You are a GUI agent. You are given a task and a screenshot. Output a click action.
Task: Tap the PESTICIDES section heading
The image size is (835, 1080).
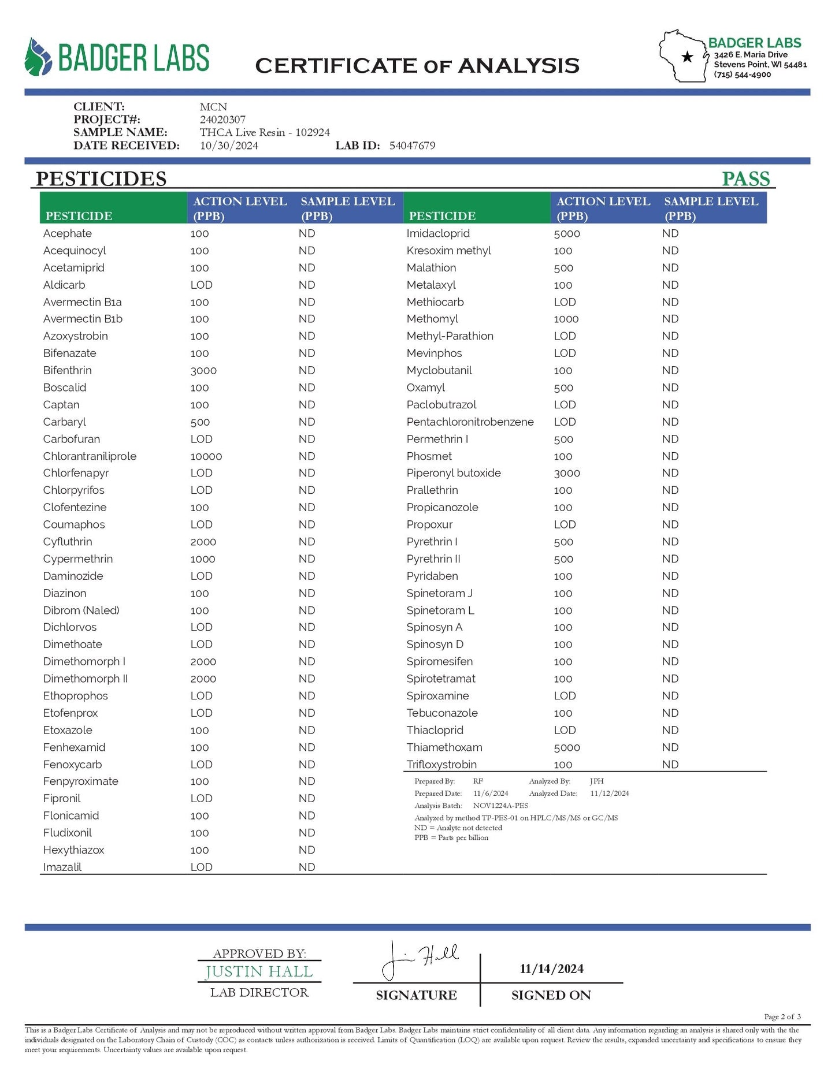tap(101, 178)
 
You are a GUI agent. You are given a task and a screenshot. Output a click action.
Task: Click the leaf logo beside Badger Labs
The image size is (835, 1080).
tap(39, 57)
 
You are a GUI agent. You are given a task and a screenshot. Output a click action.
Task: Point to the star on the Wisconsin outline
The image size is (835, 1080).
tap(687, 57)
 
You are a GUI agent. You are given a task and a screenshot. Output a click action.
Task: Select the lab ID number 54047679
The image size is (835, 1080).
tap(412, 146)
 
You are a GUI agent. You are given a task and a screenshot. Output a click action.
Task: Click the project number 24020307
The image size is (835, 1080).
tap(222, 120)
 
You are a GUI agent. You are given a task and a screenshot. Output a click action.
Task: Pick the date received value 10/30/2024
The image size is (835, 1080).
tap(229, 146)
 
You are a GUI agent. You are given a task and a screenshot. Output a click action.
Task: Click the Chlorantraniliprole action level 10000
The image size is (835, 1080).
tap(206, 456)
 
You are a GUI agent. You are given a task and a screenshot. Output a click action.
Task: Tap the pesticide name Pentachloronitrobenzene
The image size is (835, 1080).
tap(470, 422)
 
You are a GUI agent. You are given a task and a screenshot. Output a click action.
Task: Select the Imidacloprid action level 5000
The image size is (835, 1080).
tap(566, 233)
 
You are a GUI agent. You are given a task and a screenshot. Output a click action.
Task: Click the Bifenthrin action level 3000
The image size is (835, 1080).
tap(203, 370)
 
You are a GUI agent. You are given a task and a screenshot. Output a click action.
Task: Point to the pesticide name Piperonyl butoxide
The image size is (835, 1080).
tap(454, 473)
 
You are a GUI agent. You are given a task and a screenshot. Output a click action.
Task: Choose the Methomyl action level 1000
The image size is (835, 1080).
tap(566, 319)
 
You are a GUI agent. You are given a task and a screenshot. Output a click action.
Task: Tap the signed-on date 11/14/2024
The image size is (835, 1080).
tap(551, 969)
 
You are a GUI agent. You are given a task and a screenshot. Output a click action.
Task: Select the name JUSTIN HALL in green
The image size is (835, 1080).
tap(259, 972)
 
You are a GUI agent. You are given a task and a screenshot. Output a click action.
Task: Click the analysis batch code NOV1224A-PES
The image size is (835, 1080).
tap(500, 806)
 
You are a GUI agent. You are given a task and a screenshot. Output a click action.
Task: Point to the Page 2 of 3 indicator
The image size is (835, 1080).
tap(782, 1016)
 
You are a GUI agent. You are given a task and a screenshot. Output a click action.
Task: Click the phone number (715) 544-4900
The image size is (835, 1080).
tap(742, 75)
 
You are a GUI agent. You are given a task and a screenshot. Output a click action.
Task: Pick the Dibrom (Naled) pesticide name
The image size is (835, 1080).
tap(81, 610)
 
